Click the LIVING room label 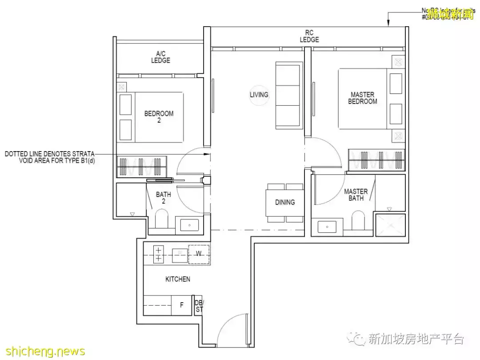click(259, 95)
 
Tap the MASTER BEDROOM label click(362, 98)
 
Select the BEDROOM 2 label click(159, 117)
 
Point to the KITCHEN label click(177, 279)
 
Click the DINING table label click(285, 202)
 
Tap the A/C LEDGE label click(160, 57)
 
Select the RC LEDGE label click(309, 36)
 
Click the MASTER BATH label click(356, 195)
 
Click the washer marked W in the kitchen click(199, 254)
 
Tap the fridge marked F click(181, 305)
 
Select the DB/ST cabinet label click(199, 306)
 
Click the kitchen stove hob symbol click(158, 254)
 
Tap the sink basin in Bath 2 click(189, 225)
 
